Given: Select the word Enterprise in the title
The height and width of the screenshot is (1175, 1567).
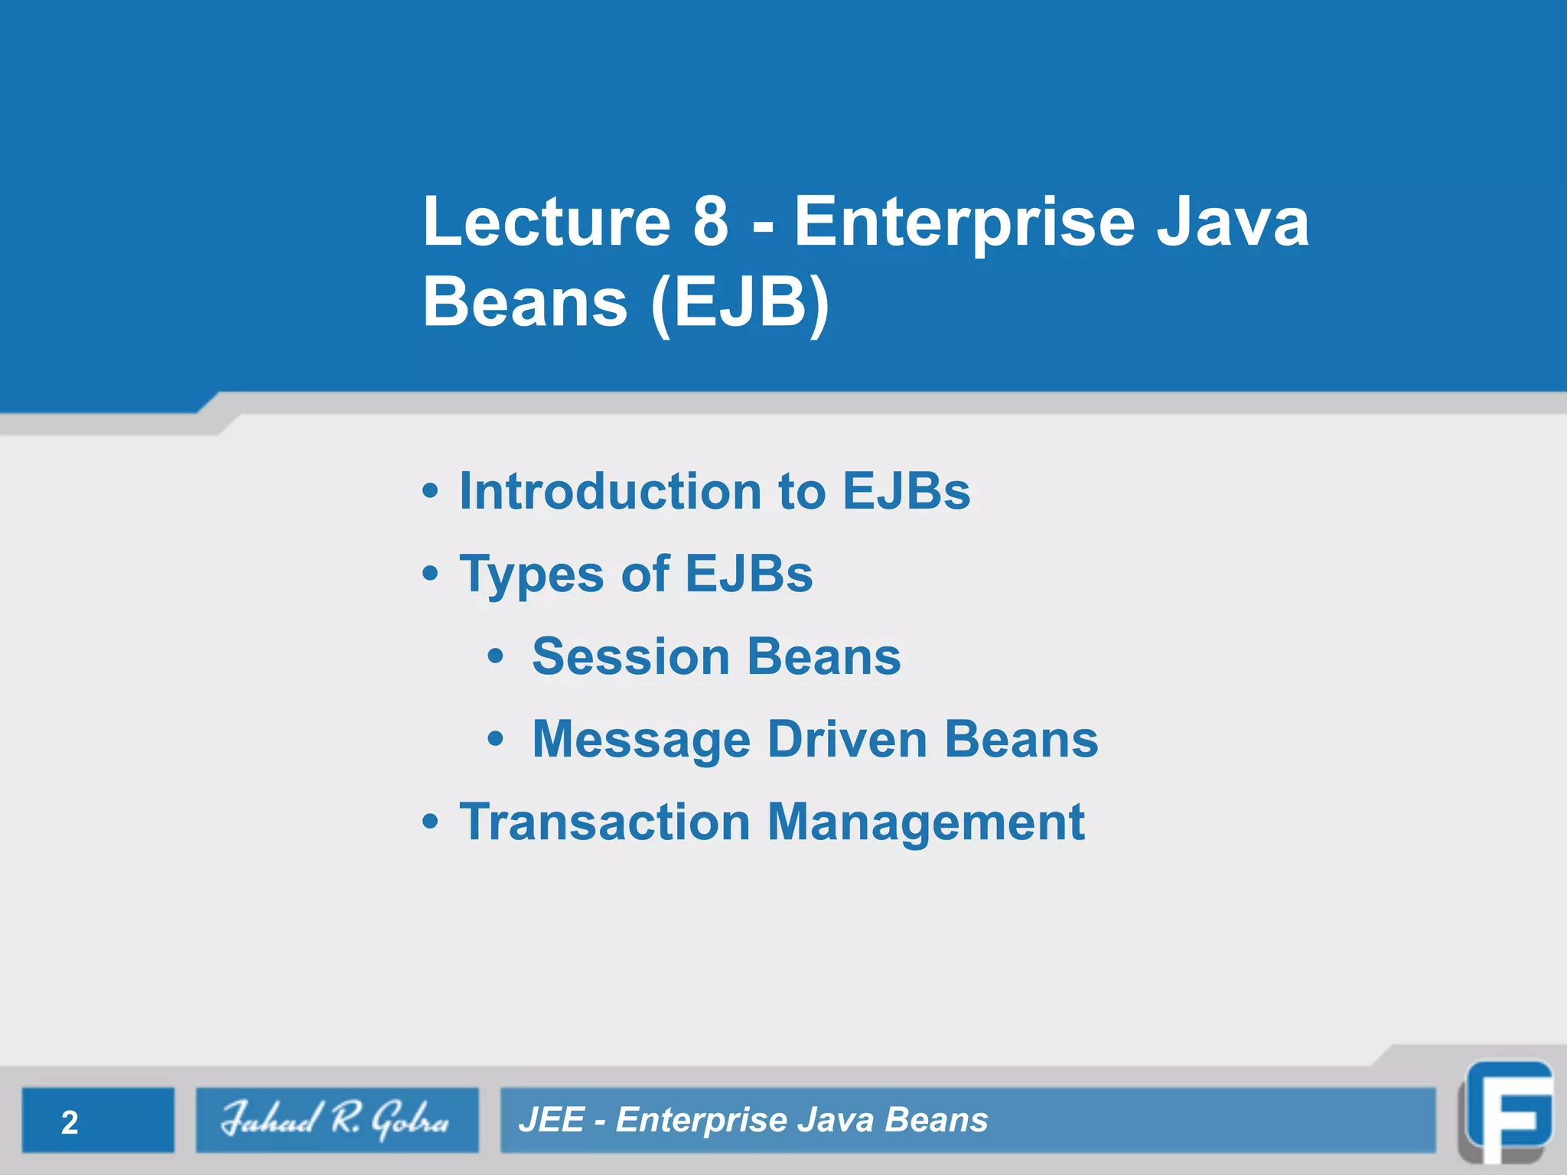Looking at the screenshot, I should pos(964,223).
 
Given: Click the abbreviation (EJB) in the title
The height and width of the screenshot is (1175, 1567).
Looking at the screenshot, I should pos(739,303).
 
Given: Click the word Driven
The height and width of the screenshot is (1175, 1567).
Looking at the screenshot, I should pos(847,739).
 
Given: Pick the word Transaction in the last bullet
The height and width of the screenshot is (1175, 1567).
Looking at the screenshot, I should pos(604,822).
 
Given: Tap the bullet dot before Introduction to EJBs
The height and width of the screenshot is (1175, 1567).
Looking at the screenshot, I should pos(431,491).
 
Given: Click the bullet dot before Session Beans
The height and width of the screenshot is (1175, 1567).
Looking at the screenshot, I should pos(496,656).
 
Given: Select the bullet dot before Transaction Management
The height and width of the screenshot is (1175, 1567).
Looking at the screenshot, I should pos(431,822).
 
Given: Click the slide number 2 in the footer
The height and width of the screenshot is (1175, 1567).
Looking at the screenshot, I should pos(70,1122).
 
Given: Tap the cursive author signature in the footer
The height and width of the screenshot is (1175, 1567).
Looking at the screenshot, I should pos(335,1120).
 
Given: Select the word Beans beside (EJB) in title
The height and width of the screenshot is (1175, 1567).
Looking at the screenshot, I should pos(525,301).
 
